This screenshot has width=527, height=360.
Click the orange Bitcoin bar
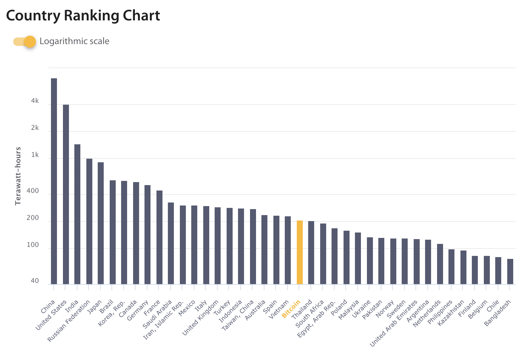click(x=299, y=252)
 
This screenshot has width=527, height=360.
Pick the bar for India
click(x=77, y=214)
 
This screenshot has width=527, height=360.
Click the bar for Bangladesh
click(x=510, y=271)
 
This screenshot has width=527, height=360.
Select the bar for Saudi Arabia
click(x=171, y=243)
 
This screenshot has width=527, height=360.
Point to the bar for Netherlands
click(x=440, y=264)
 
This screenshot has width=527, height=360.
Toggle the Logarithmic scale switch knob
click(x=30, y=42)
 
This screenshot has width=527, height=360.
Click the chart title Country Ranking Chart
click(x=83, y=16)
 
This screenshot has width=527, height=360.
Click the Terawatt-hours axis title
click(x=18, y=176)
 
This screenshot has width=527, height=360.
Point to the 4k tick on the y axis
click(x=35, y=101)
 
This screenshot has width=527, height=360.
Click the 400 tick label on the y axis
click(x=33, y=191)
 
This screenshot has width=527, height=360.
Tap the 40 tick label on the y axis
click(x=35, y=281)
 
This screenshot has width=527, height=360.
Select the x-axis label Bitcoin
click(x=291, y=309)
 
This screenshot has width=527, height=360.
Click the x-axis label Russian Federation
click(x=69, y=321)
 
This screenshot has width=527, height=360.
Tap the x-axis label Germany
click(x=138, y=310)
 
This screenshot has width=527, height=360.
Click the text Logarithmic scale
click(x=74, y=41)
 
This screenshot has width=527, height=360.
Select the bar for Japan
click(x=101, y=223)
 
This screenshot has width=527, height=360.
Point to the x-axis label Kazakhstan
click(x=451, y=313)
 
